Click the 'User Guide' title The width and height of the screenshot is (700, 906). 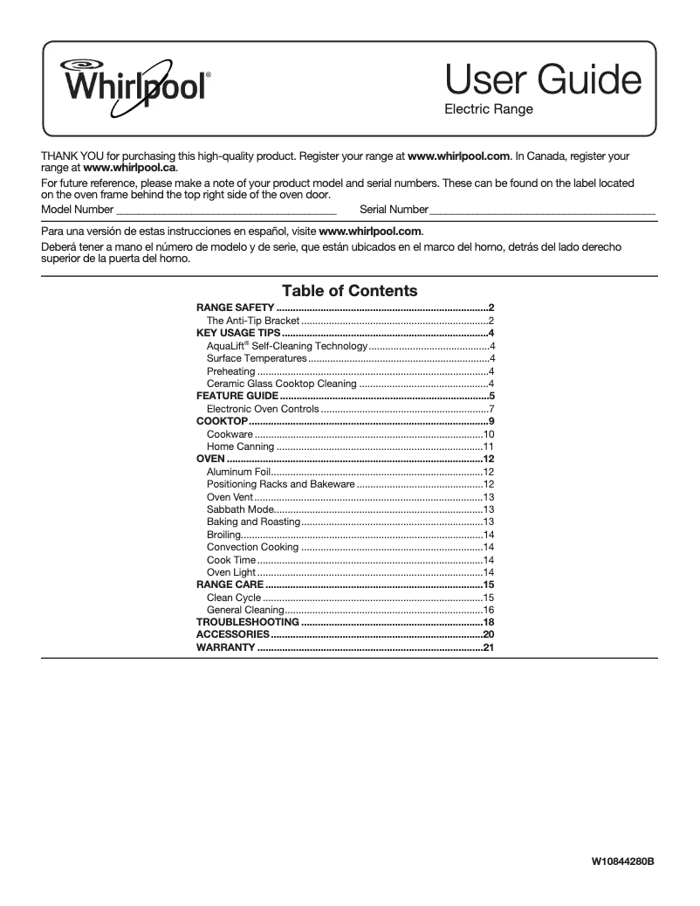543,81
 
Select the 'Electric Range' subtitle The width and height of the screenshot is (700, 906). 488,111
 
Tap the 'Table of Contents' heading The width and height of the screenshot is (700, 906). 349,291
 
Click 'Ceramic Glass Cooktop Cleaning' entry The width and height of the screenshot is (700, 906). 281,384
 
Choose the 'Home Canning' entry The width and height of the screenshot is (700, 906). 240,446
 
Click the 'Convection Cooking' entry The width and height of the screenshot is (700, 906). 252,547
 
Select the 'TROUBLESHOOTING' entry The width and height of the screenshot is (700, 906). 247,622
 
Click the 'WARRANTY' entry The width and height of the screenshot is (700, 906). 225,647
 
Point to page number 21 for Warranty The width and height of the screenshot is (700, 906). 489,647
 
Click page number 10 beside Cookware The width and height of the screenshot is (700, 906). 489,434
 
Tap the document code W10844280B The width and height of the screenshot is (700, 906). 623,861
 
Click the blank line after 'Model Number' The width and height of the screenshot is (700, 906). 226,211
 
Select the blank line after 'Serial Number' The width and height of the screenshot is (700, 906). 542,211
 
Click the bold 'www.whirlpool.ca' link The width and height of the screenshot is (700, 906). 129,167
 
